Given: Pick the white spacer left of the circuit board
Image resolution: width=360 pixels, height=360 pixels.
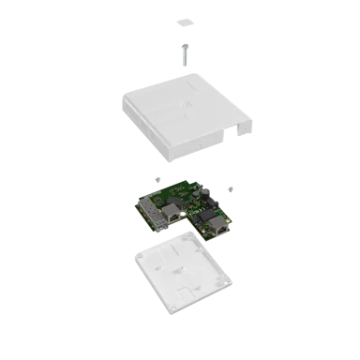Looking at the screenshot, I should click(x=157, y=177).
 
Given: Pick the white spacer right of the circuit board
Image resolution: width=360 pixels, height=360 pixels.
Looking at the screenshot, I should click(x=232, y=187).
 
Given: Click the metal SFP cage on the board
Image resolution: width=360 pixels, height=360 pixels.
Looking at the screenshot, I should click(x=151, y=211).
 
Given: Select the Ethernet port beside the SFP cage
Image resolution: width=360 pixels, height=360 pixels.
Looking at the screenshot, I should click(x=173, y=217).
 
